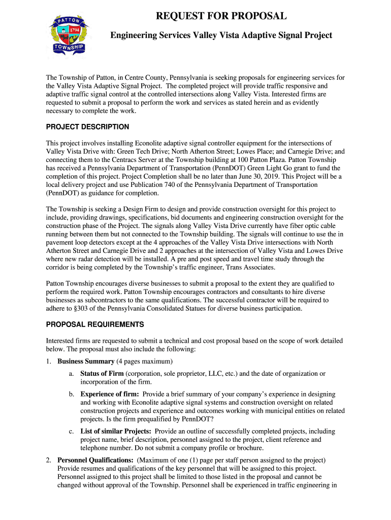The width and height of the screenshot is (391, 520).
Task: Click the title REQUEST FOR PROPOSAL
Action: coord(221,16)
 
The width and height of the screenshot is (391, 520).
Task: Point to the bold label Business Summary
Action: coord(86,362)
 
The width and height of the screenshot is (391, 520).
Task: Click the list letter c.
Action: coord(72,431)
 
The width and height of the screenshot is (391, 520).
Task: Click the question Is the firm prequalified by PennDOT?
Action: coord(161,419)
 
